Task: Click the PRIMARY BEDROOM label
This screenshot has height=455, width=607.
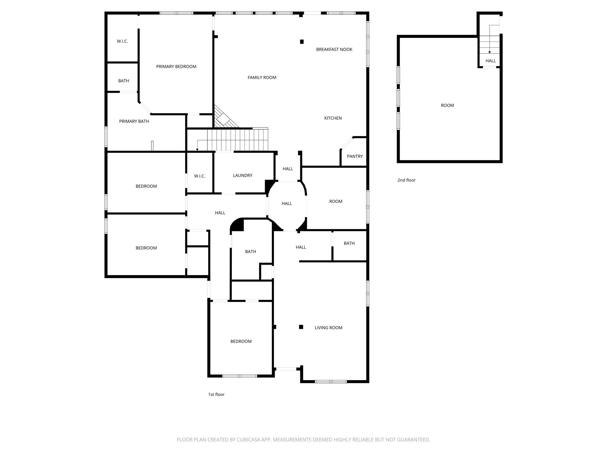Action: click(x=176, y=67)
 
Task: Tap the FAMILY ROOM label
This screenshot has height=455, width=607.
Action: click(x=262, y=78)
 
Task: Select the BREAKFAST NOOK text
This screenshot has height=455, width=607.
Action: click(x=334, y=49)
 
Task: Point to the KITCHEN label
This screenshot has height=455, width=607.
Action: click(x=333, y=118)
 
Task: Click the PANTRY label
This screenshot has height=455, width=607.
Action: click(x=354, y=156)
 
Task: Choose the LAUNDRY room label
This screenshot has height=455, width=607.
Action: click(x=242, y=176)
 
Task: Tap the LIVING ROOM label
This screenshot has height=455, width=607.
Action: click(x=328, y=328)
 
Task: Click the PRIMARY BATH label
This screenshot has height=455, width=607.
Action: click(x=134, y=121)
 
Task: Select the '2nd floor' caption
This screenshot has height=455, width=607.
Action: click(x=406, y=180)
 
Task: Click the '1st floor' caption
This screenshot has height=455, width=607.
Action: click(x=216, y=395)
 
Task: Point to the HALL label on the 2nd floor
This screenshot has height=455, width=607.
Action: click(x=491, y=61)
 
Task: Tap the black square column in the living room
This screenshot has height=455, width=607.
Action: click(x=301, y=327)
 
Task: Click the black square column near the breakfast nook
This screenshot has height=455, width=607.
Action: click(x=302, y=42)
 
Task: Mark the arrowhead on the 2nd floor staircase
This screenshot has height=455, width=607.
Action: click(x=489, y=52)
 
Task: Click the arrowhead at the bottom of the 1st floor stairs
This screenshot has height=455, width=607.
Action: click(x=197, y=150)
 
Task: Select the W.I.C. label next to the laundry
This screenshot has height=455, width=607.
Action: click(x=199, y=176)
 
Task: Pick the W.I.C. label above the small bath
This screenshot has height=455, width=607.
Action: click(x=122, y=41)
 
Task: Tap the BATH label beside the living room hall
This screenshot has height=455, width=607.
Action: click(x=349, y=243)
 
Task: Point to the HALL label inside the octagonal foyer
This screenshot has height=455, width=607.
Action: click(x=287, y=204)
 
